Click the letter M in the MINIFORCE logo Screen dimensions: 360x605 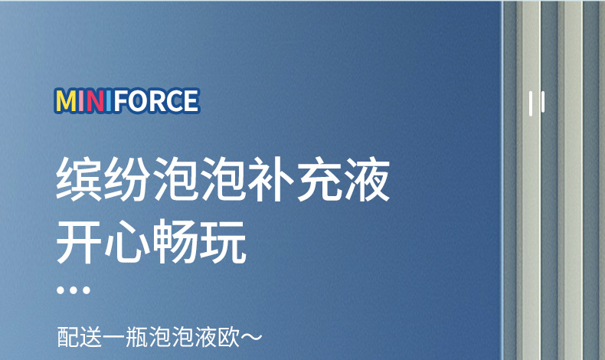pos(67,101)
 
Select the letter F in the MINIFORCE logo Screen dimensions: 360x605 pos(118,101)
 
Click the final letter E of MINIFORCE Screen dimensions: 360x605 pos(188,101)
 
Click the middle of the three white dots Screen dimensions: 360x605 pos(74,291)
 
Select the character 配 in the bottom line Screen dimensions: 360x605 pos(67,337)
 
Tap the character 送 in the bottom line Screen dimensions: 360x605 pos(90,337)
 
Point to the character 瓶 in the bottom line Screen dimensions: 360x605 pos(136,337)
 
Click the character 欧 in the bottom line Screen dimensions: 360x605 pos(227,337)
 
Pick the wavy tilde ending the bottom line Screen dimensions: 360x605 pos(252,337)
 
